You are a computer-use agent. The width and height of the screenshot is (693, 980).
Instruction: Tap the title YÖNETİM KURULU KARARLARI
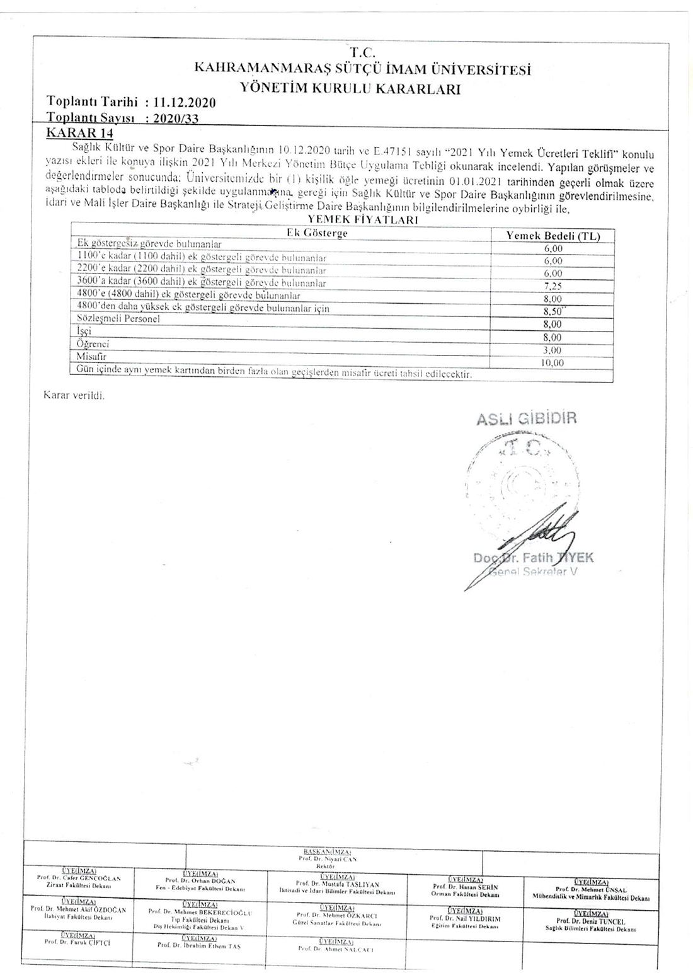[x=350, y=89]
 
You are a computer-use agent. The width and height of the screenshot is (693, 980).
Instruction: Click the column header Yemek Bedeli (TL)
[x=553, y=236]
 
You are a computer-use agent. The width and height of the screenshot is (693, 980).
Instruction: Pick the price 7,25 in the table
[x=553, y=285]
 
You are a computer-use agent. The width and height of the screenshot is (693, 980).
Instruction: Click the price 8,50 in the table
[x=553, y=311]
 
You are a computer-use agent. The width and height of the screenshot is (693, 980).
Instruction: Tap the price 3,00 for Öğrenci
[x=553, y=350]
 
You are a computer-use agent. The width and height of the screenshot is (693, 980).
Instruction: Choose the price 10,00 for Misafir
[x=553, y=362]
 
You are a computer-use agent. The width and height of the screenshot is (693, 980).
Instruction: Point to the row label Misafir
[x=92, y=357]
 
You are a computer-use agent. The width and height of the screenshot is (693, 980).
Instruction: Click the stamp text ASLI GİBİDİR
[x=526, y=418]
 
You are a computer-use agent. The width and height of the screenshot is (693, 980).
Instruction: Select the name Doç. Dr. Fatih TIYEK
[x=533, y=557]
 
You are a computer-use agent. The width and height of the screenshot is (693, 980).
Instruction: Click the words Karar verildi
[x=74, y=396]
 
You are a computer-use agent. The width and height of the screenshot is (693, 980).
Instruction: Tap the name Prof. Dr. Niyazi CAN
[x=328, y=859]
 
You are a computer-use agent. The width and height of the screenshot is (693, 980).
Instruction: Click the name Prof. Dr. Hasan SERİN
[x=466, y=887]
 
